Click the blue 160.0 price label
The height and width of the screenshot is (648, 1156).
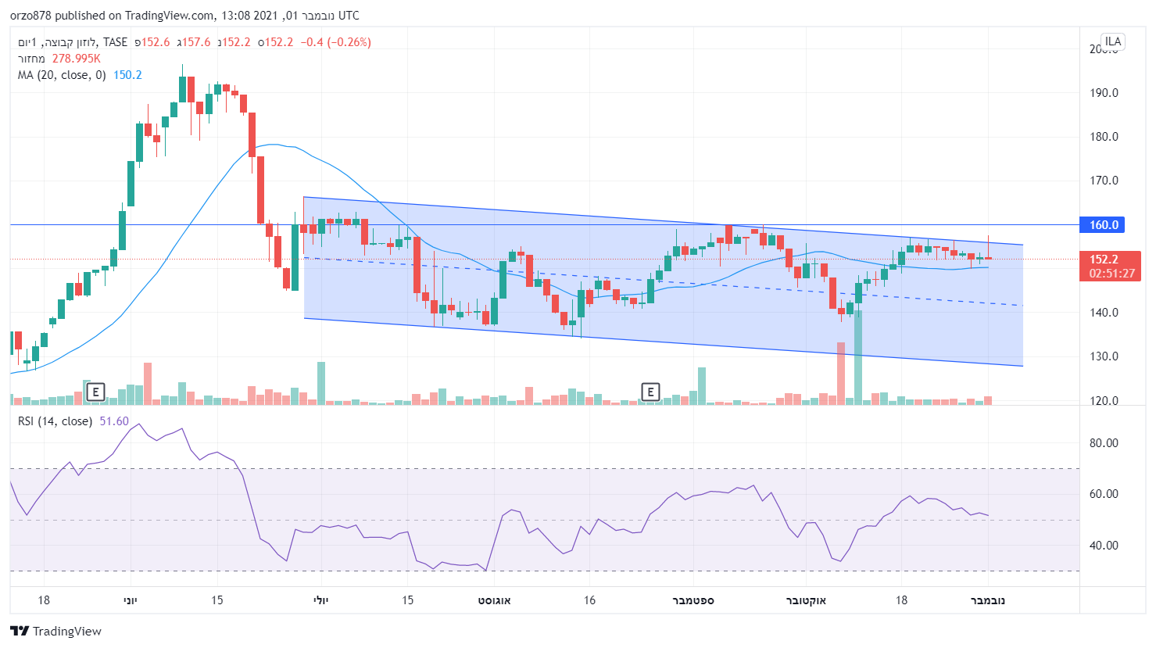tap(1104, 225)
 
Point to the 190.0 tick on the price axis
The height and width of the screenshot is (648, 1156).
tap(1104, 93)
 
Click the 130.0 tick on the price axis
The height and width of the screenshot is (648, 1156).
tap(1104, 356)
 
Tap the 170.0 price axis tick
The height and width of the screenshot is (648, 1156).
tap(1104, 181)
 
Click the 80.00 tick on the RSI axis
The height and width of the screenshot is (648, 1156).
tap(1104, 443)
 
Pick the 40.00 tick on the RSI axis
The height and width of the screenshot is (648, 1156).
tap(1104, 546)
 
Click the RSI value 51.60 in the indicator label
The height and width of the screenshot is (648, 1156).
tap(114, 421)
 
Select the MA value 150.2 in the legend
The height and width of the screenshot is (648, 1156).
tap(127, 75)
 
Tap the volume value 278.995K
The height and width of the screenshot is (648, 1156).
tap(76, 59)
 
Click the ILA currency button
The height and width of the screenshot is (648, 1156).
tap(1112, 41)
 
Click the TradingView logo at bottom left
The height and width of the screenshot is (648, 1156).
tap(56, 631)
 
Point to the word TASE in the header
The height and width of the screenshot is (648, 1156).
tap(115, 42)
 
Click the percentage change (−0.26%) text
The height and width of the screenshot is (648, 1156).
tap(349, 42)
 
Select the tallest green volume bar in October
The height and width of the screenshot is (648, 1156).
tap(858, 357)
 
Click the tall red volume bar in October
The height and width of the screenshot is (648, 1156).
tap(841, 373)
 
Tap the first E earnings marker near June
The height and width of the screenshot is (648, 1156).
tap(95, 392)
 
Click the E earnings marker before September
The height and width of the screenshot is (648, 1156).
tap(650, 392)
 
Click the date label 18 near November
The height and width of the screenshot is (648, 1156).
tap(901, 600)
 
